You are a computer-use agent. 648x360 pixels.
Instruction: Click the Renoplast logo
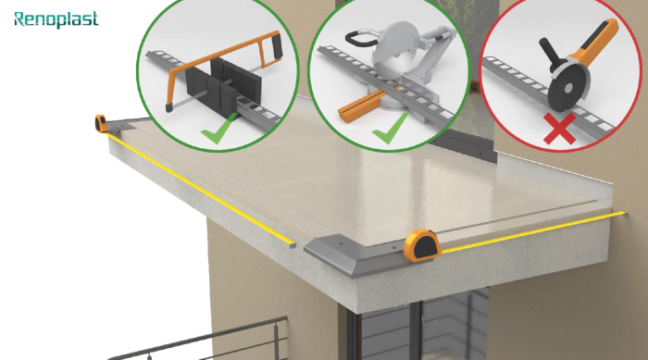[56, 19]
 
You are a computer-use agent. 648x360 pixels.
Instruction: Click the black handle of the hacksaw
[276, 44]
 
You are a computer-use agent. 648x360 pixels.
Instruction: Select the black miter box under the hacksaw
[223, 85]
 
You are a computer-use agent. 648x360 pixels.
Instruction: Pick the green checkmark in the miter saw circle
[390, 129]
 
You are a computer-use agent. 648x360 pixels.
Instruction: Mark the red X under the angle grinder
[559, 129]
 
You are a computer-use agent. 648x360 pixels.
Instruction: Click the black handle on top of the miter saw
[359, 39]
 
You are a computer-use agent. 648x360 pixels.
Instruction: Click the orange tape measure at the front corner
[422, 245]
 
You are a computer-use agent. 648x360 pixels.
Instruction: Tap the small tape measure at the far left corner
[101, 124]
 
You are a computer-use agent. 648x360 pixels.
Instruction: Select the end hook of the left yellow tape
[293, 244]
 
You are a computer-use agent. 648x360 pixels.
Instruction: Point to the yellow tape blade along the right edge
[533, 231]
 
